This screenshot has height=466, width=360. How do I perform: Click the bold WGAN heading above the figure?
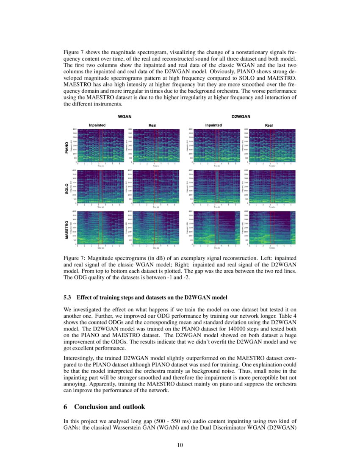124,115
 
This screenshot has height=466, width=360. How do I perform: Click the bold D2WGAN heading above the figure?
241,115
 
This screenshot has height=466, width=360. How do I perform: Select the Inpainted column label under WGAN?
97,125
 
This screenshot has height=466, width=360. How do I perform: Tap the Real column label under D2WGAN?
269,125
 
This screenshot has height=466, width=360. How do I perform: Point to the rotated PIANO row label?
66,147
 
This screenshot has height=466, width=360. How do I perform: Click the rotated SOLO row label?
66,188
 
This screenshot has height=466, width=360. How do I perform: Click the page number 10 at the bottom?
180,445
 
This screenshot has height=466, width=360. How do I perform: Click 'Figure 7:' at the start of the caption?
74,258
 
